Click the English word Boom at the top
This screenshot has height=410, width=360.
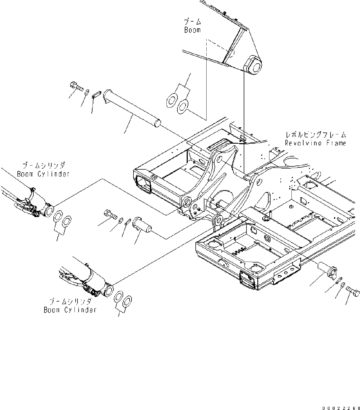[192, 30]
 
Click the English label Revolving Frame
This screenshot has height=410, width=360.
[316, 143]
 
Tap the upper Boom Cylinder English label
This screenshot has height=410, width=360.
[43, 174]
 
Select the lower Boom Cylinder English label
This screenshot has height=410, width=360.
[70, 310]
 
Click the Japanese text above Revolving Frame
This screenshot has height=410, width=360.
[316, 135]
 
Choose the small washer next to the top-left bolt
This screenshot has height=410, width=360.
[87, 92]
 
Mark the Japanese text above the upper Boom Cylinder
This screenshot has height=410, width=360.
[44, 165]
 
